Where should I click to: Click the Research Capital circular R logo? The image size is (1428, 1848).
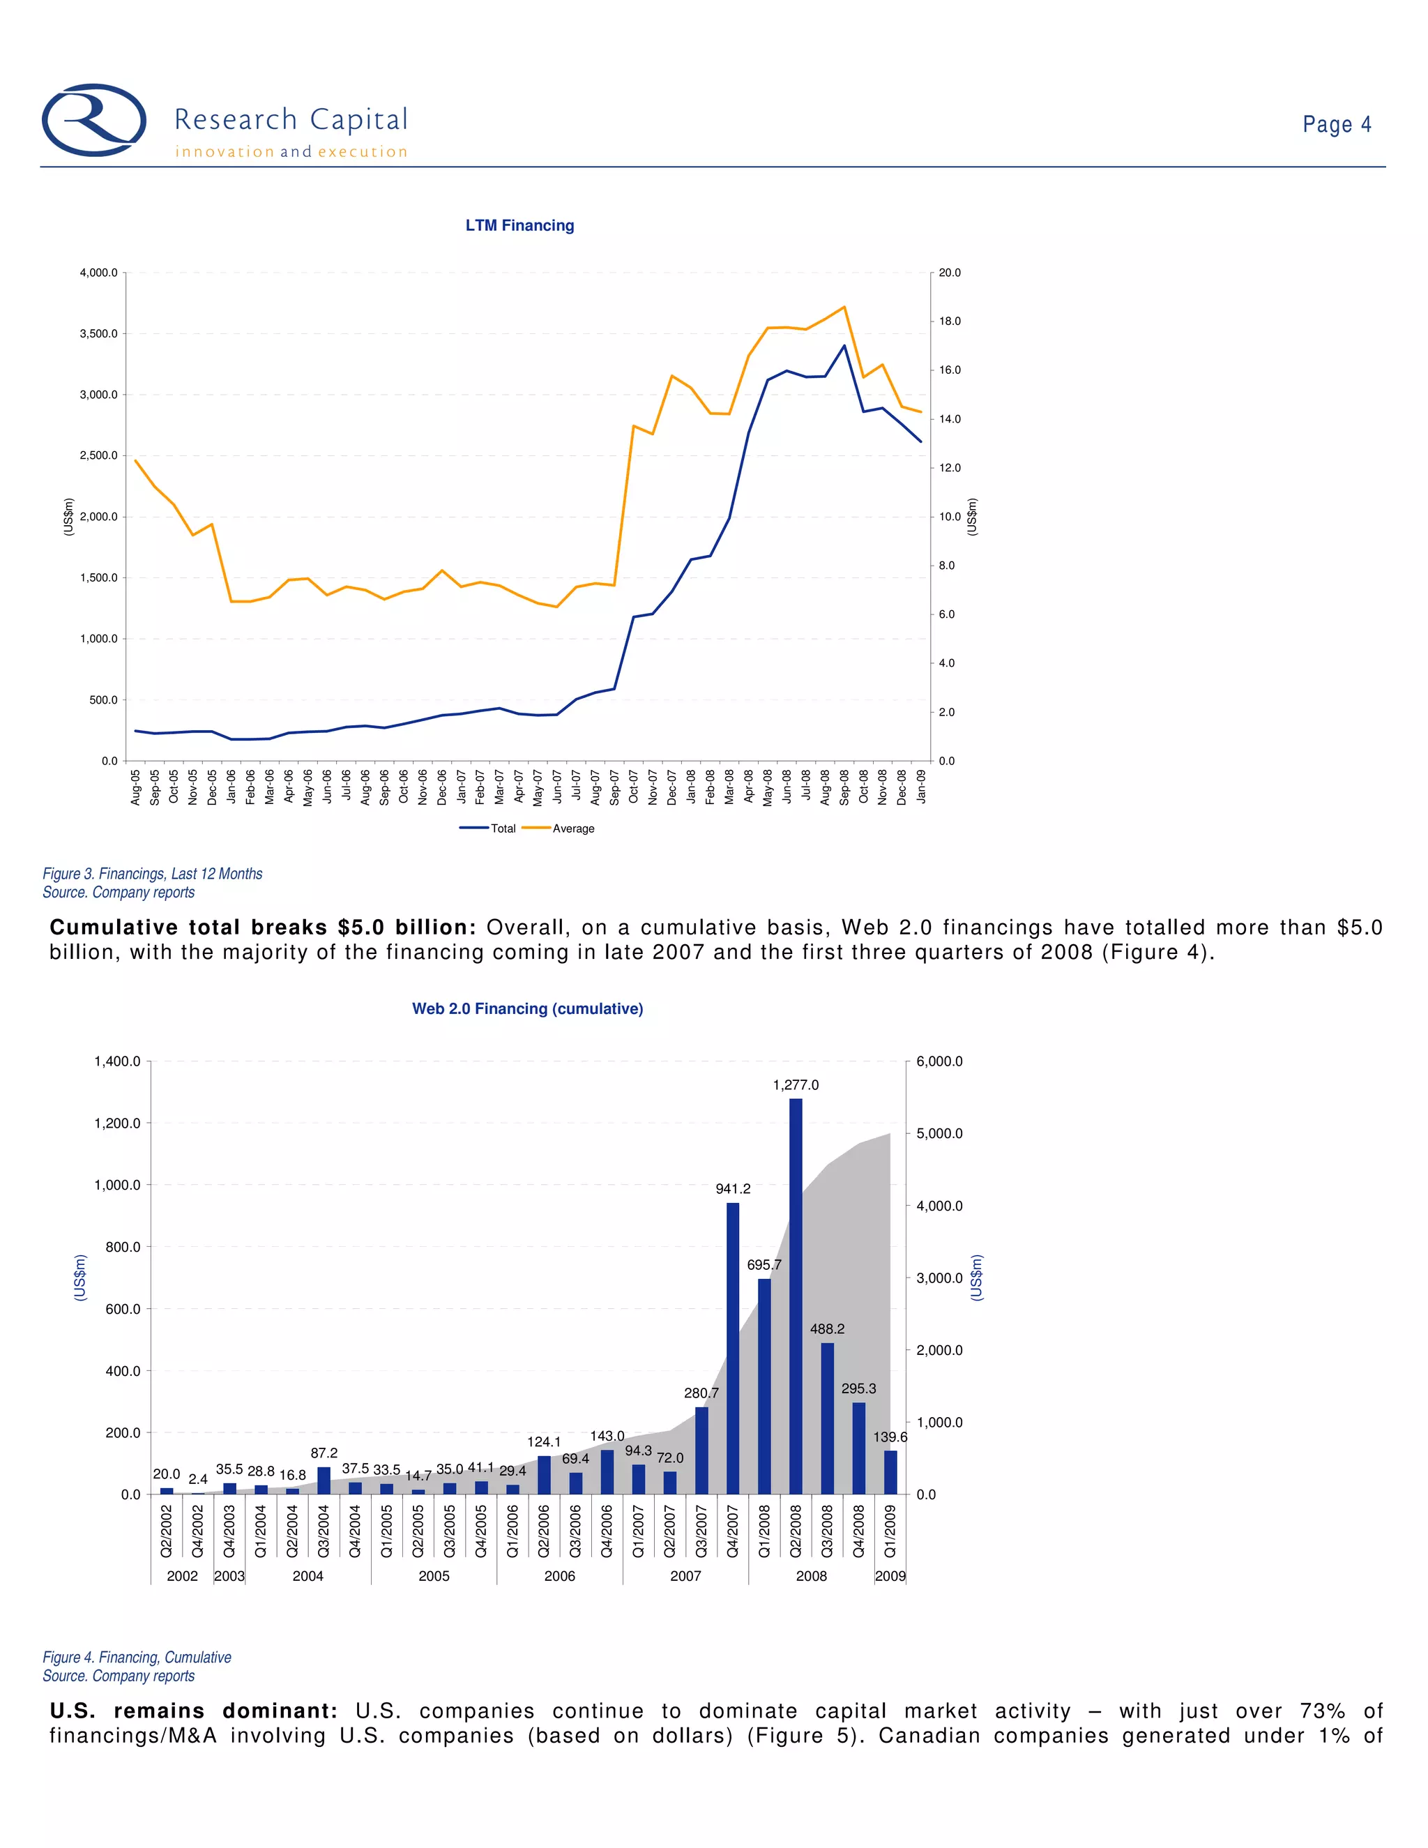[94, 120]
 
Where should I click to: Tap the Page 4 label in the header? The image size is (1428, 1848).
[1336, 124]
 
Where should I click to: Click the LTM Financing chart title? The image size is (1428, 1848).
[519, 225]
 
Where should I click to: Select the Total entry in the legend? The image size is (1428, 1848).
[488, 828]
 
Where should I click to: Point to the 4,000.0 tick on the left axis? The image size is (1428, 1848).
[99, 273]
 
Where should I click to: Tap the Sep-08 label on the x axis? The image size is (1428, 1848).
[844, 787]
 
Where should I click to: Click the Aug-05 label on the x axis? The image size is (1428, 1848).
[135, 787]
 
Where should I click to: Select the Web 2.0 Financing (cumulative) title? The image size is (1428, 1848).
[527, 1008]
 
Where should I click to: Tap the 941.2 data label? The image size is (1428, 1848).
[733, 1189]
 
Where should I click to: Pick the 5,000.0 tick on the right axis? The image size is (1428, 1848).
[939, 1134]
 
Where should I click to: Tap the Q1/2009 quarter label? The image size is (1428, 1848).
[890, 1531]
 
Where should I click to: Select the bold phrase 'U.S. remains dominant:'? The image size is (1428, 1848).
[194, 1711]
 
